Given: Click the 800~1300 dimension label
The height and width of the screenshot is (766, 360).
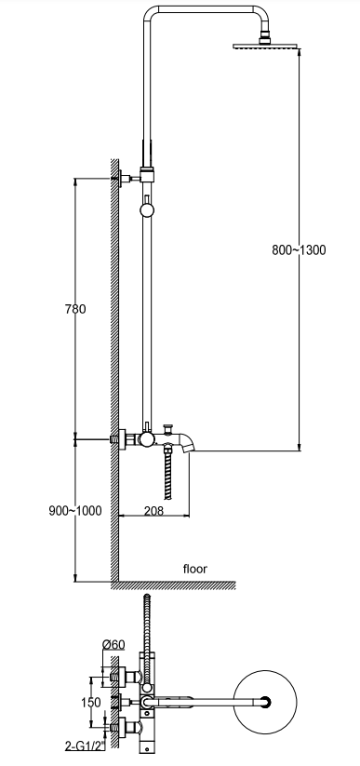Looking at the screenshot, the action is (x=299, y=250).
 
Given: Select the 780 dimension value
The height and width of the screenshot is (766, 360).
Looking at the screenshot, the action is (x=75, y=309).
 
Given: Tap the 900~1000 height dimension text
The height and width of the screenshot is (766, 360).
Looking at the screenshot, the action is (x=75, y=510).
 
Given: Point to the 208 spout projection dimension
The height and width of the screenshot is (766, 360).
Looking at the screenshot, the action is (x=153, y=510).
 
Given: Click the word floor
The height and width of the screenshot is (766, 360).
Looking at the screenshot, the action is (x=195, y=569).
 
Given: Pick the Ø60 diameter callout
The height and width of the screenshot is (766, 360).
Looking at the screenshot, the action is (x=113, y=645).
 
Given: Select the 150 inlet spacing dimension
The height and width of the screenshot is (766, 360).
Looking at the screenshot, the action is (x=91, y=702).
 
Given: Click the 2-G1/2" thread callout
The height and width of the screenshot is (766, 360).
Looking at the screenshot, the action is (x=85, y=746).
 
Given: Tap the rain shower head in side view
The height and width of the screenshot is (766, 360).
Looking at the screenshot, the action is (x=265, y=46).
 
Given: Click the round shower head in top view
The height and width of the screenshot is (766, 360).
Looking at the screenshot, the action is (x=265, y=702).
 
